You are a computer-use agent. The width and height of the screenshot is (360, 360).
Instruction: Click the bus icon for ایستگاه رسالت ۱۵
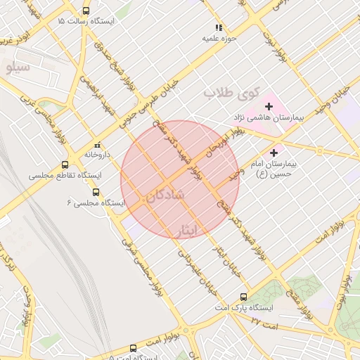86,11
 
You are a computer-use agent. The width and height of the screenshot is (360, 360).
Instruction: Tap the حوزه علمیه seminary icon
219,27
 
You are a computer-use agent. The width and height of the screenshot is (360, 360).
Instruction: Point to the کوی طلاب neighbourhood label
232,92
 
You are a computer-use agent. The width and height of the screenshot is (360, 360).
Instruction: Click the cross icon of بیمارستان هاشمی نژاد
269,106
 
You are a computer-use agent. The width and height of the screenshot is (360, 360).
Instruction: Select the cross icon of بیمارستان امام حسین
274,152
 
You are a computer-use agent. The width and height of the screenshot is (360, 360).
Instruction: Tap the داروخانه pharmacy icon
97,145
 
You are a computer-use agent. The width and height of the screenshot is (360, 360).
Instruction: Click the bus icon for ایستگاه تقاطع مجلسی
65,165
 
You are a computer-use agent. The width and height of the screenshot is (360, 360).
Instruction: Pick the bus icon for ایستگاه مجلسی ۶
96,192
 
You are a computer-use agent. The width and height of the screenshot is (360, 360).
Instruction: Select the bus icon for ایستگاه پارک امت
244,297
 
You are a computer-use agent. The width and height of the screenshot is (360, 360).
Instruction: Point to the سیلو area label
16,67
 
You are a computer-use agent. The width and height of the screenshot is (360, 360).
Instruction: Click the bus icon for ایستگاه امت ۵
134,348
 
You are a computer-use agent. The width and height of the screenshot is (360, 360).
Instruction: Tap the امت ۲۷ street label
265,323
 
